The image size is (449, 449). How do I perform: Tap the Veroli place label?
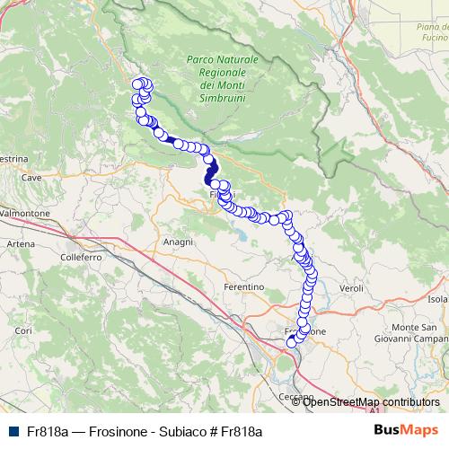(351, 288)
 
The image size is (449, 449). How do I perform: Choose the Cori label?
(23, 331)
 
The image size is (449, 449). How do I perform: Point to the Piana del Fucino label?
(432, 33)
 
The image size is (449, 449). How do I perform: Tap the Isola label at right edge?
(437, 298)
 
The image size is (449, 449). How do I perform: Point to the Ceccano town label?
(295, 396)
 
